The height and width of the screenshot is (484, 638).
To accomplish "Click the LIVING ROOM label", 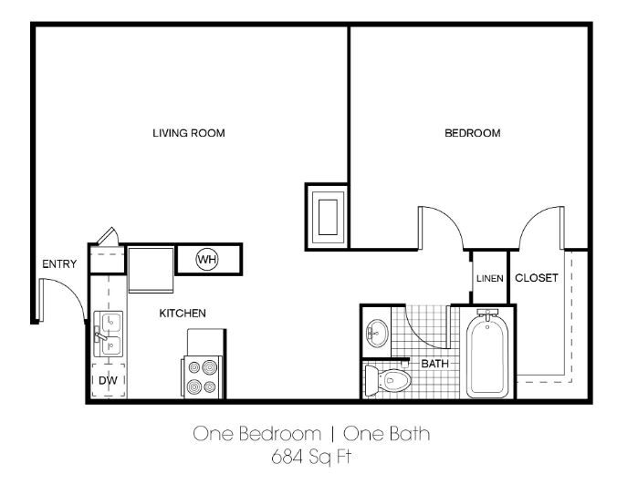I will (x=188, y=133).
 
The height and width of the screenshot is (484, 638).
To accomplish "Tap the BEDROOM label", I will (x=472, y=133).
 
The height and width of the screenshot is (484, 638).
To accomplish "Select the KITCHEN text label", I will (x=183, y=314).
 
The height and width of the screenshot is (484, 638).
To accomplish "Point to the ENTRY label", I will (x=59, y=264).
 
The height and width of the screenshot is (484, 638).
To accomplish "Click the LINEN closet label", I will (x=489, y=279).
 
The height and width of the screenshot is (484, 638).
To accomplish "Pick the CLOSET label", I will (x=536, y=278).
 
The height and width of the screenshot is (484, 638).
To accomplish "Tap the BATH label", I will (x=434, y=364).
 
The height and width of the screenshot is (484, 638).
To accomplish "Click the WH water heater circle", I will (x=207, y=260).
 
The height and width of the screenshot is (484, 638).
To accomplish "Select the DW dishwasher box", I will (x=107, y=380).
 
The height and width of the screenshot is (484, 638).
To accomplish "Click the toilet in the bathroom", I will (x=388, y=379).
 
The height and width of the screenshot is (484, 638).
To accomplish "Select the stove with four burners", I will (x=202, y=375).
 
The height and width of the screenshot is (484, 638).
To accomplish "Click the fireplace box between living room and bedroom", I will (x=326, y=215).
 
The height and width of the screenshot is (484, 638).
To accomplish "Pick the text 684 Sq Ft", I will (x=310, y=455).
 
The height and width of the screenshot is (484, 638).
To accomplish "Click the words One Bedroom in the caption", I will (x=256, y=434).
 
